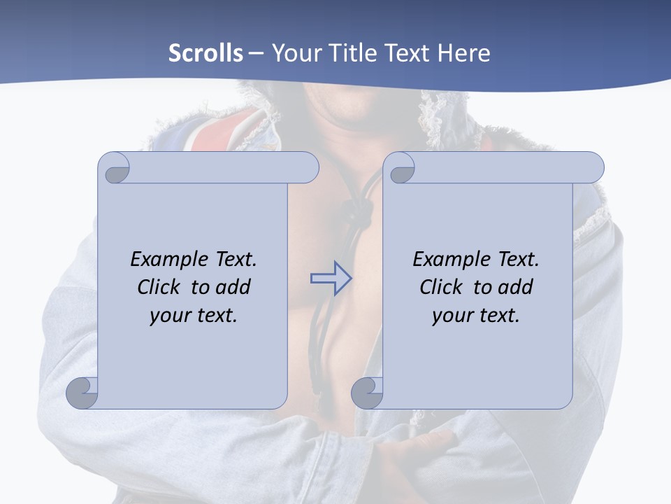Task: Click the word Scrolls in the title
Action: point(206,53)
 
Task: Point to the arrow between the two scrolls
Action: point(331,278)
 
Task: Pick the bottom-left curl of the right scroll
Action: point(368,393)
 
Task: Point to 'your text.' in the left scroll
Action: point(194,316)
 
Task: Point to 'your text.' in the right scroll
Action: point(476,316)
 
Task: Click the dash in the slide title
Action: point(257,53)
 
